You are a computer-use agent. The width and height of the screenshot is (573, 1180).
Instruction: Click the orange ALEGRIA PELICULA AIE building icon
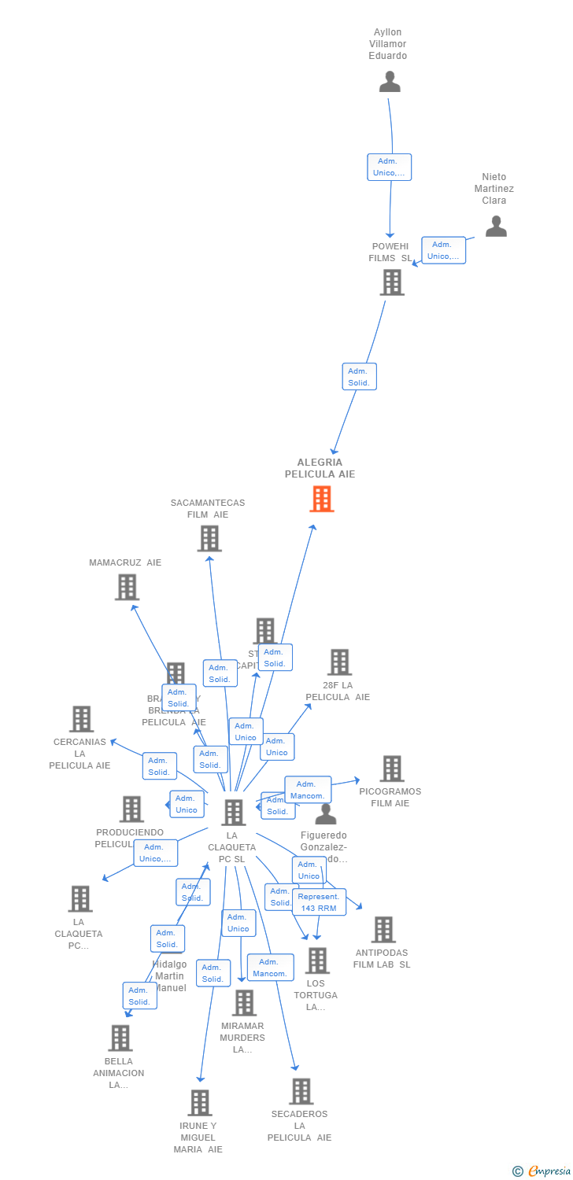tap(322, 499)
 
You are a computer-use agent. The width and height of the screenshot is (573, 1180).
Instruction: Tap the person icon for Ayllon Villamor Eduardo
tap(390, 82)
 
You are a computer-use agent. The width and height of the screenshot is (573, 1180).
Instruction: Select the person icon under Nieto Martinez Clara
tap(496, 227)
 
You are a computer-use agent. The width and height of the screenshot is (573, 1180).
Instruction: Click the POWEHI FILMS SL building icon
tap(392, 282)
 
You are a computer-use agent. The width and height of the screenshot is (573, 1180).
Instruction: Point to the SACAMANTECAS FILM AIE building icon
tap(209, 539)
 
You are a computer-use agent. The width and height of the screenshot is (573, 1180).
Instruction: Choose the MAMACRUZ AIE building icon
tap(127, 588)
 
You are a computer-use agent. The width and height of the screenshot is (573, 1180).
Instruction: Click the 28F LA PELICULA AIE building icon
tap(339, 662)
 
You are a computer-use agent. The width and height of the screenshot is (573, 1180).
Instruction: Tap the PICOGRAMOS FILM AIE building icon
tap(392, 769)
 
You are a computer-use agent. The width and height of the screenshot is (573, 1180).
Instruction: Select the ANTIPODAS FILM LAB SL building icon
tap(383, 930)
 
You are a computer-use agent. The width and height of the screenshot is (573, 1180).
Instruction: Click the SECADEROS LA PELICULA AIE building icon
tap(301, 1092)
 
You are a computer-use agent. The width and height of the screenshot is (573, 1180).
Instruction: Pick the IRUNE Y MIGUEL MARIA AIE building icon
tap(200, 1103)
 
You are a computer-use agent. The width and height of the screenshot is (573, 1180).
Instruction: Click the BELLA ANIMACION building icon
tap(120, 1038)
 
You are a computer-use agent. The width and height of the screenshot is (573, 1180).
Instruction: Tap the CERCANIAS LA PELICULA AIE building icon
tap(81, 719)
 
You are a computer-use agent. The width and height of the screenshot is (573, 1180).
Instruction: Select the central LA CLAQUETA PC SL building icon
tap(234, 813)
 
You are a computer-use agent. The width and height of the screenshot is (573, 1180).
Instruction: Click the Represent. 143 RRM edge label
tap(319, 902)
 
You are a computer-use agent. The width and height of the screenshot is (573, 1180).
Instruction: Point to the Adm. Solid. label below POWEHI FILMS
tap(360, 377)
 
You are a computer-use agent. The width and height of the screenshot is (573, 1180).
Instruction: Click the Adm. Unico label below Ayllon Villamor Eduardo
tap(389, 167)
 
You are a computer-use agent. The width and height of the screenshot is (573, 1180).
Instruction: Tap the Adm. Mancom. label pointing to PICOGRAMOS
tap(308, 790)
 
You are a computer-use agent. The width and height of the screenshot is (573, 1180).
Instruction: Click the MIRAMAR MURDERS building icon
tap(245, 1003)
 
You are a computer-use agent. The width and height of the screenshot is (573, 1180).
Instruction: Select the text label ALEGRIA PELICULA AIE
tap(320, 468)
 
